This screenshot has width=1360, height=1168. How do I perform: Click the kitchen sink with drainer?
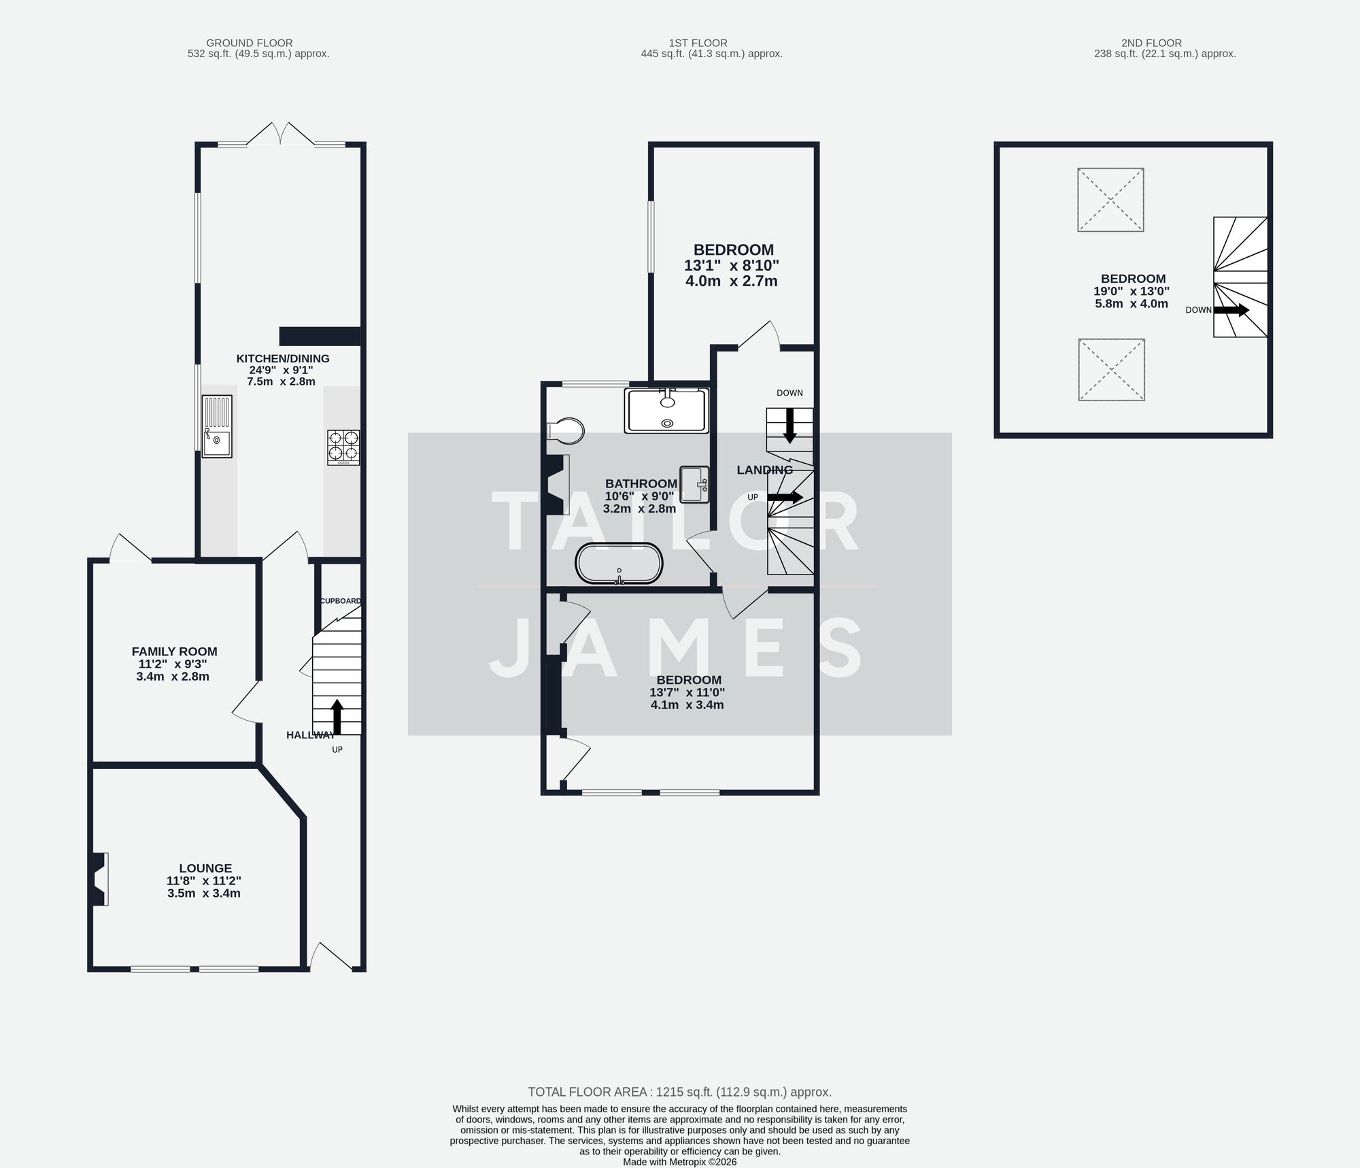click(x=217, y=426)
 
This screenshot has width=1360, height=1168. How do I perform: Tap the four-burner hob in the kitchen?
click(x=343, y=447)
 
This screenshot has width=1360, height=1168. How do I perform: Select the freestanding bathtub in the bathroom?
click(x=619, y=563)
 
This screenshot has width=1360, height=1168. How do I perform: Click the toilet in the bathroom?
click(x=566, y=430)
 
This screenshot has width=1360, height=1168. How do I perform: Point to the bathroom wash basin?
click(x=694, y=484)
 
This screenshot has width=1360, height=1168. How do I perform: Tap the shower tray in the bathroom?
click(x=667, y=411)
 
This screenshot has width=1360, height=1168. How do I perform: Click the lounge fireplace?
click(x=98, y=879)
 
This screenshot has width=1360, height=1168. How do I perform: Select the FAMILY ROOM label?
click(x=174, y=651)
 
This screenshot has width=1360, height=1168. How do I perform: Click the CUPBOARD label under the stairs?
click(x=341, y=601)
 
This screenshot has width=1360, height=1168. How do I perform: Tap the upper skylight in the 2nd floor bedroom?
click(x=1110, y=200)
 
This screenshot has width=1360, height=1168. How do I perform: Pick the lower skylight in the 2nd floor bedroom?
click(x=1111, y=370)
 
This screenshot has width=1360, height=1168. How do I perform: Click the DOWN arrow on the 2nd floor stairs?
click(x=1231, y=310)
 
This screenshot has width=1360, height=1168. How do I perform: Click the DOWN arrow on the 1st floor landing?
click(x=789, y=425)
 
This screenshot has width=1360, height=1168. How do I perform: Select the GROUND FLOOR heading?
click(x=250, y=43)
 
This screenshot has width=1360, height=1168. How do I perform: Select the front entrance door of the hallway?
click(x=331, y=957)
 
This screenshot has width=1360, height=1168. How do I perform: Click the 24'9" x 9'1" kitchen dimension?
click(x=282, y=370)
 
